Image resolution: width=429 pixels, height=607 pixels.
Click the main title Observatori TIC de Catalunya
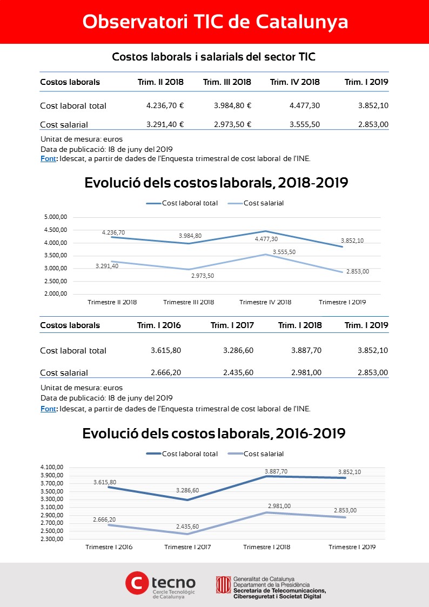point(215,22)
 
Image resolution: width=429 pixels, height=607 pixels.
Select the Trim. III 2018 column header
point(227,82)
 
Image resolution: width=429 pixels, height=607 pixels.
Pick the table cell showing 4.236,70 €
point(165,106)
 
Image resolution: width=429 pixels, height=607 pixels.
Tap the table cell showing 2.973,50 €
point(232,125)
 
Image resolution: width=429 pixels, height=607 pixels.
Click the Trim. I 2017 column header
point(232,325)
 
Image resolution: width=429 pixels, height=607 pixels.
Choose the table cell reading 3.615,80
point(165,351)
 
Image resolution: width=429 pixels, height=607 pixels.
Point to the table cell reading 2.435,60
point(238,373)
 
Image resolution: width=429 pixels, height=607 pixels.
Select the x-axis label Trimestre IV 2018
point(265,302)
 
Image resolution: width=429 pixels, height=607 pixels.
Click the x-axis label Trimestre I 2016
point(109,547)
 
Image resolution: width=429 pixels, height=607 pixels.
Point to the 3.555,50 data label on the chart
point(284,252)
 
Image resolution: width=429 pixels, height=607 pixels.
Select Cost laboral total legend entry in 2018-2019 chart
point(182,203)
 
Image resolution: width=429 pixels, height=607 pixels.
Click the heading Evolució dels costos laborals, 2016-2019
point(214,433)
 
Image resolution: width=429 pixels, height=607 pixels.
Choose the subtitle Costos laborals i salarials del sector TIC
point(214,57)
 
